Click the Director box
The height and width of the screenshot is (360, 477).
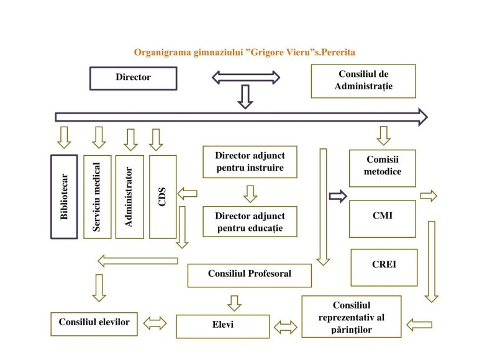tap(134, 78)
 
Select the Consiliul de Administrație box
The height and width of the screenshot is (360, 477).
tap(363, 81)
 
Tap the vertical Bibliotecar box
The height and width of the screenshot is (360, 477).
tap(64, 197)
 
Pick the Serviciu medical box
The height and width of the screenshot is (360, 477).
tap(98, 197)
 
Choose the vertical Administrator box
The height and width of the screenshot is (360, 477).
tap(130, 197)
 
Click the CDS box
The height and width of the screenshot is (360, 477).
tap(163, 197)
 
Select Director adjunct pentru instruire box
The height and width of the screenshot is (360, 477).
tap(250, 162)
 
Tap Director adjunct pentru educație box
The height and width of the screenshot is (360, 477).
tap(250, 222)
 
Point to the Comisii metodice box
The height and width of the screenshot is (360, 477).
tap(383, 168)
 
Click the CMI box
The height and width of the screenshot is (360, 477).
tap(383, 219)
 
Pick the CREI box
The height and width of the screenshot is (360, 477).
tap(384, 268)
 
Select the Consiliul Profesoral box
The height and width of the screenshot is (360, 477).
tap(250, 276)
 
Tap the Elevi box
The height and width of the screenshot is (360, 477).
tap(223, 326)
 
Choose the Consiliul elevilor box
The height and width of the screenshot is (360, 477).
tap(94, 324)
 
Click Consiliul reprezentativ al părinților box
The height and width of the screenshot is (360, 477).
tap(352, 317)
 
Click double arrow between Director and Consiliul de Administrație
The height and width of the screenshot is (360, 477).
tap(246, 78)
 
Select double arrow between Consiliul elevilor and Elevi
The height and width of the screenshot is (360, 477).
tap(155, 323)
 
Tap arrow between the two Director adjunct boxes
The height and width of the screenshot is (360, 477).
tap(250, 194)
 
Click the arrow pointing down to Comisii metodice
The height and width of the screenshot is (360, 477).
tap(383, 135)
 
